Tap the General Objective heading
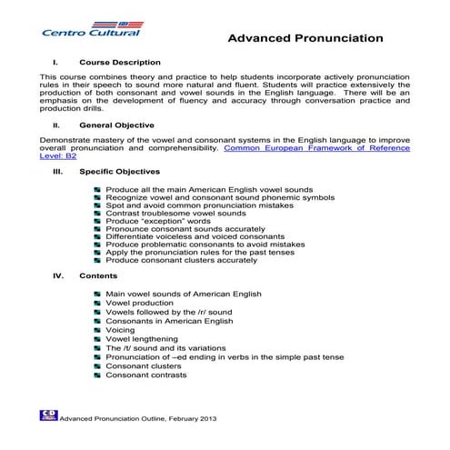pyautogui.click(x=116, y=124)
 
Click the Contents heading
pyautogui.click(x=98, y=275)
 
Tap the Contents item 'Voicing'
pyautogui.click(x=120, y=330)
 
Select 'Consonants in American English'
pyautogui.click(x=169, y=321)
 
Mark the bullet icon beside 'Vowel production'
pyautogui.click(x=97, y=304)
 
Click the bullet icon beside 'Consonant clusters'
pyautogui.click(x=97, y=366)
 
